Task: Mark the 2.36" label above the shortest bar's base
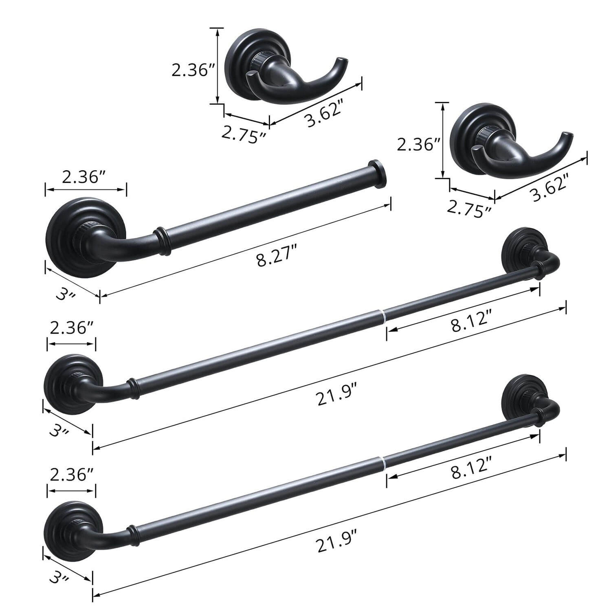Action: pos(85,177)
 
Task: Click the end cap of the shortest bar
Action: pos(378,174)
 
